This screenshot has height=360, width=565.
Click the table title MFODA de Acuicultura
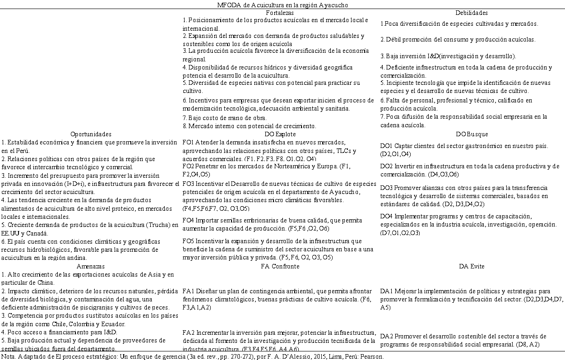(x=282, y=5)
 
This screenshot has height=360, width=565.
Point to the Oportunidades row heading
(x=91, y=134)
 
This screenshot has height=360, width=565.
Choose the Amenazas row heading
(x=91, y=266)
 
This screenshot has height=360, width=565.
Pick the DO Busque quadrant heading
(x=472, y=134)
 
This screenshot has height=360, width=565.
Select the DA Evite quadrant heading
(x=472, y=266)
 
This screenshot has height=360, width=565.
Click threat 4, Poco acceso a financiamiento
(x=59, y=332)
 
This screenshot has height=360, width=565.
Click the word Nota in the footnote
(x=8, y=356)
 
